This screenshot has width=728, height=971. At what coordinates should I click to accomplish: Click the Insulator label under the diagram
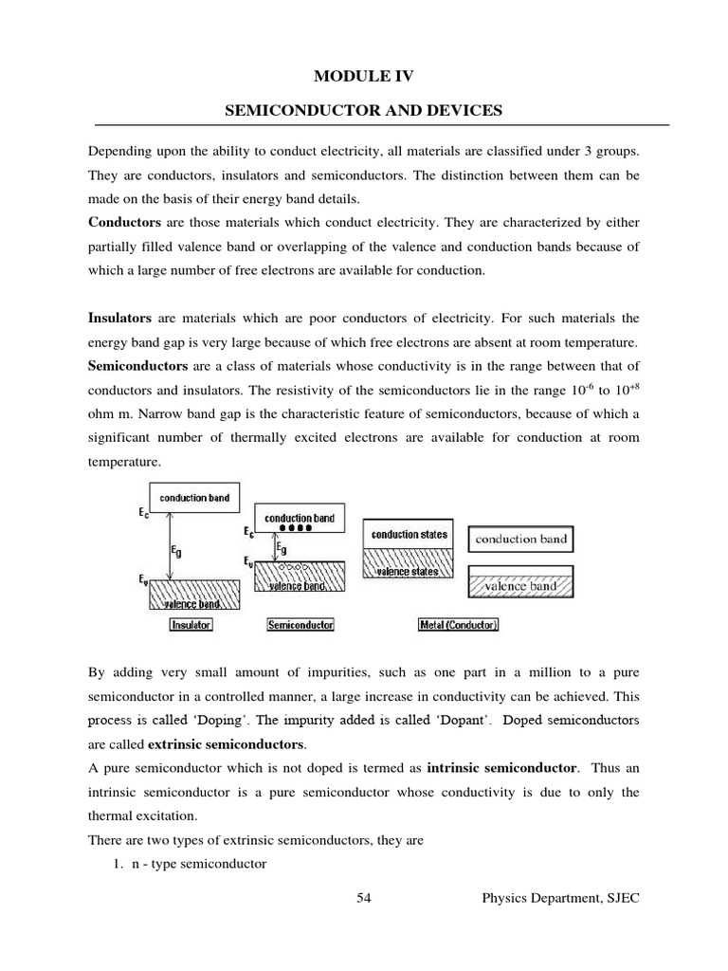(x=191, y=625)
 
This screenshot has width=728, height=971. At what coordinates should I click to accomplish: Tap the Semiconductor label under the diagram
(x=300, y=625)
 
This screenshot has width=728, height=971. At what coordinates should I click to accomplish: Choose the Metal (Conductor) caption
(x=458, y=625)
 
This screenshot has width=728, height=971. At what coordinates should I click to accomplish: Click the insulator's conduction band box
(x=194, y=497)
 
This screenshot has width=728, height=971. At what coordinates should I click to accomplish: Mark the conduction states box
(x=409, y=534)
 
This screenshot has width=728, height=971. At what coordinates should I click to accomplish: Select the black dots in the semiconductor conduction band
(x=300, y=529)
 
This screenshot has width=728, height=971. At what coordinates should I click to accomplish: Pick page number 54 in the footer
(x=364, y=898)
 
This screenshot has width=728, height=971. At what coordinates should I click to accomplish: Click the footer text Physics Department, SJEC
(x=560, y=898)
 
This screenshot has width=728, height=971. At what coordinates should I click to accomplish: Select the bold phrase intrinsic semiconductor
(x=501, y=767)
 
